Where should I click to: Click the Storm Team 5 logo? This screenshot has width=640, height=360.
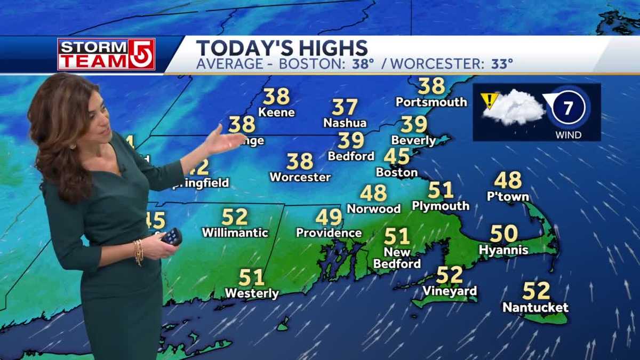(x=106, y=54)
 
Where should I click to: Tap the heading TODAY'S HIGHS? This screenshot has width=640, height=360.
(x=282, y=48)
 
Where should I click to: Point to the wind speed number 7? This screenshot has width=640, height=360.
(x=567, y=108)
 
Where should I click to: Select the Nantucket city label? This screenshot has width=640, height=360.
(x=535, y=308)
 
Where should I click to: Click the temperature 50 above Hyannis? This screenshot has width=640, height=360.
(x=504, y=234)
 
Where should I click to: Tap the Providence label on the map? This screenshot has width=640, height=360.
(x=329, y=233)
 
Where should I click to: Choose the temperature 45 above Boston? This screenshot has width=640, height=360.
(x=397, y=157)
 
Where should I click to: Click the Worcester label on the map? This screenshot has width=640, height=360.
(x=300, y=177)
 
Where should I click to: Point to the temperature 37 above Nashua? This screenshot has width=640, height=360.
(x=345, y=107)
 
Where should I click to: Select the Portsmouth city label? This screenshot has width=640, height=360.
(x=431, y=102)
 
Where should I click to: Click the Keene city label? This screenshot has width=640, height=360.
(x=276, y=113)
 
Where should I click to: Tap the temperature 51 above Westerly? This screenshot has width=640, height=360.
(x=252, y=277)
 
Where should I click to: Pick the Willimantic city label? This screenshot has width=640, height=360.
(x=235, y=233)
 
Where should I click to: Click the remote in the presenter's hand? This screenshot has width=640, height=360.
(x=172, y=236)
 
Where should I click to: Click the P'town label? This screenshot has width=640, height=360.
(x=508, y=196)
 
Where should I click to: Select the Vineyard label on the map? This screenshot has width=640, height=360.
(x=450, y=291)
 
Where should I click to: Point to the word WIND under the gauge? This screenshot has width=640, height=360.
(x=568, y=135)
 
